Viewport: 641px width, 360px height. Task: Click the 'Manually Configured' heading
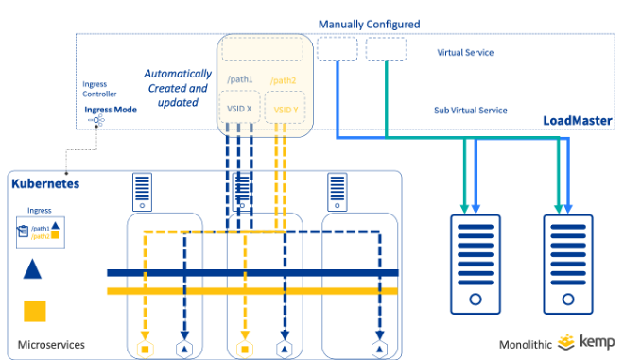tap(369, 24)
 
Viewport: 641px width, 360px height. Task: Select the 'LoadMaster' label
tap(577, 121)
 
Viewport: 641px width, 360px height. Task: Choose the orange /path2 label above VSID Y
tap(283, 80)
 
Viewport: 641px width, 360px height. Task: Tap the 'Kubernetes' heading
tap(45, 182)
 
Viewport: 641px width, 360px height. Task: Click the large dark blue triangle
tap(33, 269)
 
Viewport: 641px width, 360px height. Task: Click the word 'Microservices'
tap(52, 345)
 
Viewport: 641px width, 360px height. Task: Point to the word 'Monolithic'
tap(526, 344)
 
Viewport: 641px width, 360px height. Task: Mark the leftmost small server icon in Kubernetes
tap(142, 193)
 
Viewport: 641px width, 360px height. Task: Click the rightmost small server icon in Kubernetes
tap(336, 193)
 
